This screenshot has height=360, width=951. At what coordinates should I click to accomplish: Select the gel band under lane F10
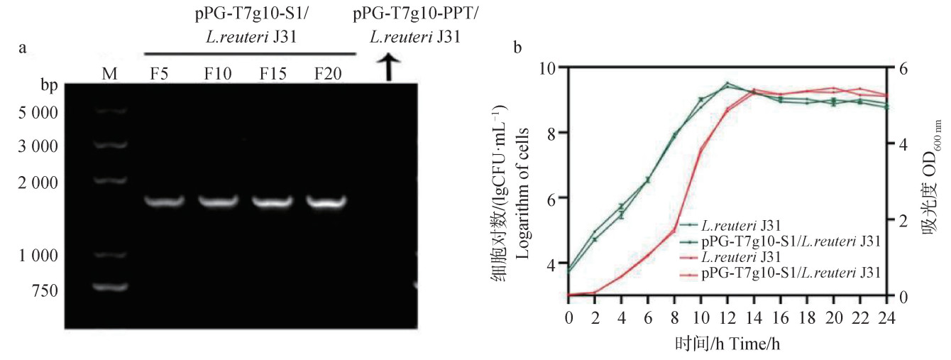220,202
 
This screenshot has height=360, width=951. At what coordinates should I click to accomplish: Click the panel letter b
517,48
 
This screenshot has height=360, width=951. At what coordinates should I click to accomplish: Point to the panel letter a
23,48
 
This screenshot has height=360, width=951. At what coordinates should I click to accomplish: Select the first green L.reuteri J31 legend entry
742,226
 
